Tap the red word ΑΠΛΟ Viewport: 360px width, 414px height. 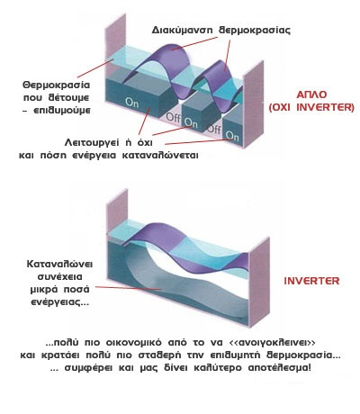click(x=311, y=94)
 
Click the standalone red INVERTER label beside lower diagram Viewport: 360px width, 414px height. click(x=311, y=281)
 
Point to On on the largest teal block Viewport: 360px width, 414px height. click(x=131, y=103)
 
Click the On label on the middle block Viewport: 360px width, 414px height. click(x=190, y=122)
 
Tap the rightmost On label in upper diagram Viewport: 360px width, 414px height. click(x=232, y=136)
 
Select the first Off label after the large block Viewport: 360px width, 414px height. click(x=173, y=117)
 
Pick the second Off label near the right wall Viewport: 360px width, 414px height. click(x=214, y=129)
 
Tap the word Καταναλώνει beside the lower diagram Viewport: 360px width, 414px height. click(x=59, y=265)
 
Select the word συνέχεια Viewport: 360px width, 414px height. click(x=59, y=276)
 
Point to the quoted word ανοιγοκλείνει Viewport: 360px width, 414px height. click(x=272, y=342)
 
